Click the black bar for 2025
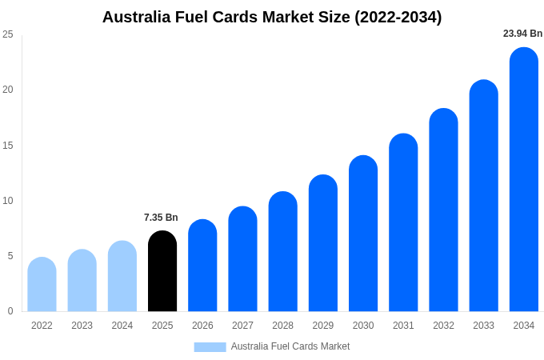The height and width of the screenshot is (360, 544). coord(162,272)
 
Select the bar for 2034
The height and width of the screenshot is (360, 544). coord(524,180)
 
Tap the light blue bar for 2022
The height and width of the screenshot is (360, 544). coord(42,285)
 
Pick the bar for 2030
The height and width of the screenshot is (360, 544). coord(363,234)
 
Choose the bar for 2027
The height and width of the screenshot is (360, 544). coord(242,259)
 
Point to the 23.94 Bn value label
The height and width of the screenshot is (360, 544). coord(522,34)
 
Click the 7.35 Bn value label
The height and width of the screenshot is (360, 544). coord(161,218)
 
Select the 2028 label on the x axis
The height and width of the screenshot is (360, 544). coord(282,326)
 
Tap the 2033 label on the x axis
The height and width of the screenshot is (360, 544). coord(483,326)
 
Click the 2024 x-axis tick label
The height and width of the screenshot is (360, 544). coord(122,326)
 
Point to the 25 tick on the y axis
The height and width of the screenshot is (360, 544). coord(8,34)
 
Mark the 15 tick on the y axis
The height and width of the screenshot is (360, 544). coord(8,145)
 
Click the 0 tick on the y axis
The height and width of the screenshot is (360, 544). coord(10,311)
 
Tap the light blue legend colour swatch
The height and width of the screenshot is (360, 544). coord(210,346)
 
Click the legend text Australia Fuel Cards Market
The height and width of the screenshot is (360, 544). coord(290,346)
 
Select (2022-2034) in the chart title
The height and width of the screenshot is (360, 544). coord(398,17)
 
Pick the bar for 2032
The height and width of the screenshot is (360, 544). coord(443,210)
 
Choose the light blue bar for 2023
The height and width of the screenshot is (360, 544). coord(82,281)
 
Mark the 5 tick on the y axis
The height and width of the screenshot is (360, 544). coord(10,256)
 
